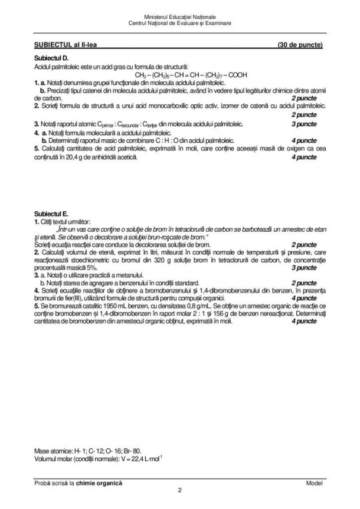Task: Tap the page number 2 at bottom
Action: pyautogui.click(x=179, y=490)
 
